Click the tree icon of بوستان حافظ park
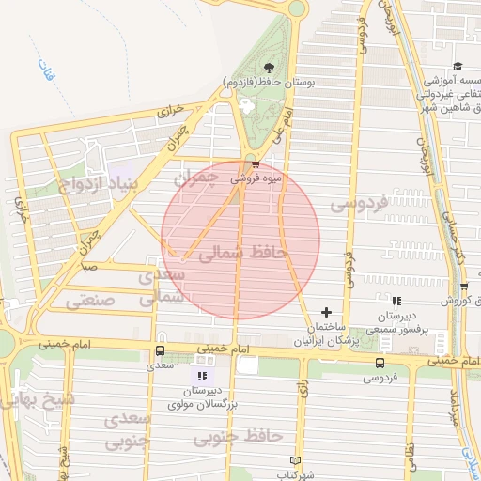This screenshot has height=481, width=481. [270, 67]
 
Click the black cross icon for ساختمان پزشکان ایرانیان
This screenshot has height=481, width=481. [326, 312]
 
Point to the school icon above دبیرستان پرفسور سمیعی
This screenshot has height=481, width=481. [396, 302]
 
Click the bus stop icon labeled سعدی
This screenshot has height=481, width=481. [159, 351]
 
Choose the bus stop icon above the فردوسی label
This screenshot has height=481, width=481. [380, 363]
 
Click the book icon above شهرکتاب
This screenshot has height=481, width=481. [297, 461]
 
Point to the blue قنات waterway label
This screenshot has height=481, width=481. [42, 69]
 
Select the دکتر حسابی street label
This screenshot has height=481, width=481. [456, 240]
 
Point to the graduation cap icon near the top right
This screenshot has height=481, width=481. [457, 66]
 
